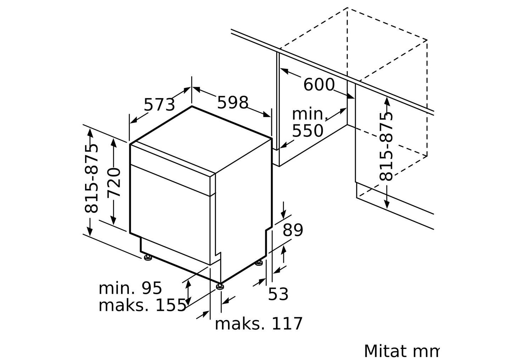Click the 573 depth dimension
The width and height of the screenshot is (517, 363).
pos(159,105)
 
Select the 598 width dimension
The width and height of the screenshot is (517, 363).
pos(233,102)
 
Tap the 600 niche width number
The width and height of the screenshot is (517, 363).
pos(319,85)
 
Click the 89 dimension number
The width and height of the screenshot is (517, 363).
pos(292,230)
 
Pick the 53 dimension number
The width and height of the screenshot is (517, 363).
pos(278,294)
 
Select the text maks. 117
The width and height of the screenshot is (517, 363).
pos(258,324)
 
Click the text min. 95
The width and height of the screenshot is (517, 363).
pos(130,288)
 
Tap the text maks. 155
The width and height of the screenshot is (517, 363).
pos(142,305)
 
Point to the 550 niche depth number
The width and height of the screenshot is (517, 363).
pos(308,131)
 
